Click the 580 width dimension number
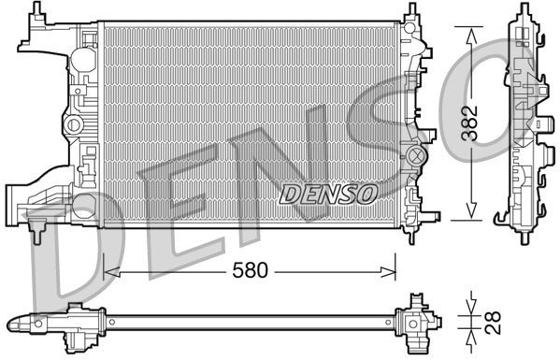[x=249, y=271]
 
